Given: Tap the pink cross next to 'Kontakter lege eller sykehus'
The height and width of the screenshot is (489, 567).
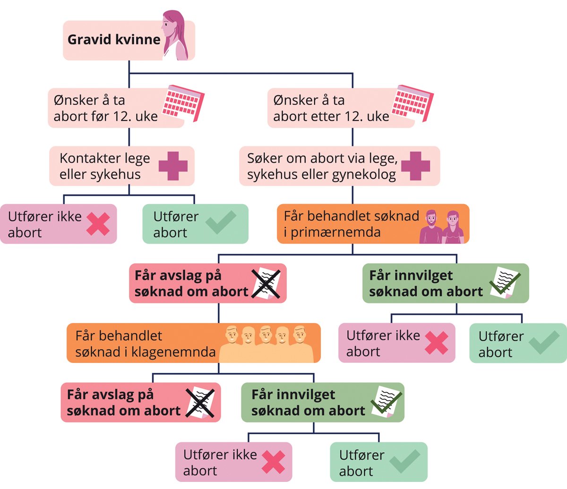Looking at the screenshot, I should point(173,166).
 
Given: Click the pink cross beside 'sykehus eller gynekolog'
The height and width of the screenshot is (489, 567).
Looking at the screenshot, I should point(415,166).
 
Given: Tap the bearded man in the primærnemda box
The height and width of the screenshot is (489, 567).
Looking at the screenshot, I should point(430,227).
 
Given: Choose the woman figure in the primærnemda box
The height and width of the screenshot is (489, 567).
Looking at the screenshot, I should point(453,227).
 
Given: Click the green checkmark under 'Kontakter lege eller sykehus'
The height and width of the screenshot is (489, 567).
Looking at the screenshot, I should point(221,223).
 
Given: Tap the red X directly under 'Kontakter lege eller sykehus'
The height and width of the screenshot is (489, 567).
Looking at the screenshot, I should point(98,223).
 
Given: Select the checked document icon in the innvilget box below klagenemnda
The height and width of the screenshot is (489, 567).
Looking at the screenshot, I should point(386,402).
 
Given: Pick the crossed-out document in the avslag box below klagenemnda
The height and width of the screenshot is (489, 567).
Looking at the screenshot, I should point(201,403).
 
